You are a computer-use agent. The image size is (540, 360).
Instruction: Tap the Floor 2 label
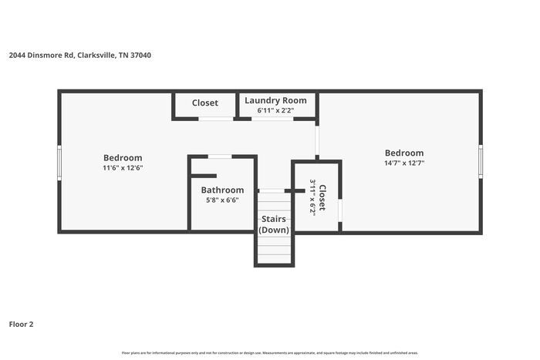(22, 324)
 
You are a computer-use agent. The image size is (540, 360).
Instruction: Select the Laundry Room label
(275, 101)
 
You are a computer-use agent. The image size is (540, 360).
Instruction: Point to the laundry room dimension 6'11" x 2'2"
(275, 111)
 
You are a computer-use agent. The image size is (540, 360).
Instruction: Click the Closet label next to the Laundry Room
(205, 103)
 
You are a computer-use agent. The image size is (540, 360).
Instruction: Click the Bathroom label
(222, 190)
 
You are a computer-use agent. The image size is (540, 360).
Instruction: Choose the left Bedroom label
(123, 158)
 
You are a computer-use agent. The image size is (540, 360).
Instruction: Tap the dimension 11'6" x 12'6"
(123, 167)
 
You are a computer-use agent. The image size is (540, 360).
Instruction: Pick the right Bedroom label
(404, 153)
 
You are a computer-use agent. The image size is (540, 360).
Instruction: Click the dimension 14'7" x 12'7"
(404, 163)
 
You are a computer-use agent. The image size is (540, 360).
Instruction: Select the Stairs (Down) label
(274, 224)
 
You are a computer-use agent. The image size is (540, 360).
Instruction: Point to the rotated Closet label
(323, 197)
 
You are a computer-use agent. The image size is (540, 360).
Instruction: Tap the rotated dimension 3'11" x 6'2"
(312, 197)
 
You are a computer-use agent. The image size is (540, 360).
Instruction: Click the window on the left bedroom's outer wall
(59, 163)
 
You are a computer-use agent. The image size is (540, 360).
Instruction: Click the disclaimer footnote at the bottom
(269, 353)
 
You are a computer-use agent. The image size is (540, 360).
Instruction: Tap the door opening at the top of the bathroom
(220, 156)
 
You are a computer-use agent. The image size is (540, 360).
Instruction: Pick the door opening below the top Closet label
(216, 119)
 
